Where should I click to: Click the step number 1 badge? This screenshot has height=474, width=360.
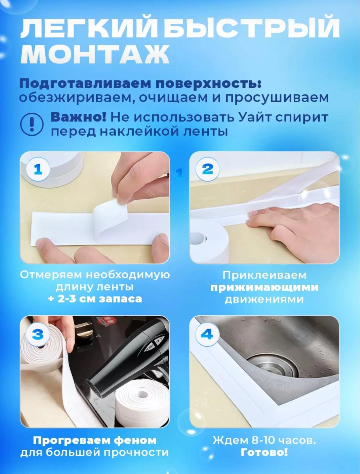[38, 169]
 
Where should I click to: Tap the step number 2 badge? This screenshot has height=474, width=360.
[207, 169]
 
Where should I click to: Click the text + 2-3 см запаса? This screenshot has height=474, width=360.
[95, 299]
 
